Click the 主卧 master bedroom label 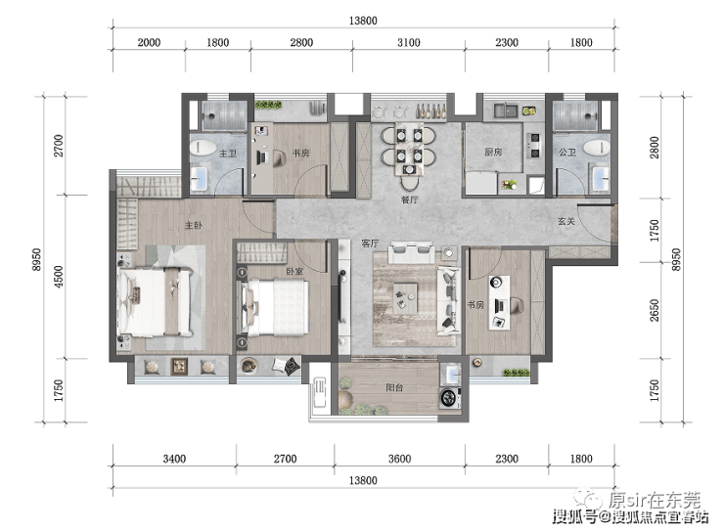[194, 225]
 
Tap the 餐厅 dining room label [409, 199]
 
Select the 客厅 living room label [370, 244]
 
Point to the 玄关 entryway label [566, 221]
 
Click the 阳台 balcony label [394, 387]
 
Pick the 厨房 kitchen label [493, 152]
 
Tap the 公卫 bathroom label [567, 152]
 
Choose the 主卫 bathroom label [228, 154]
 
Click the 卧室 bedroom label [294, 271]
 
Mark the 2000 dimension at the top [149, 42]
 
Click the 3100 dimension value [409, 42]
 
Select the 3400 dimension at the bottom [174, 459]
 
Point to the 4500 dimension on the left [59, 277]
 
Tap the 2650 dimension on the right [655, 311]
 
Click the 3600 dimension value [399, 459]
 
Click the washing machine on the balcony [450, 398]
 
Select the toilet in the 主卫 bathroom [204, 148]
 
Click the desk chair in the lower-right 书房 [516, 305]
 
